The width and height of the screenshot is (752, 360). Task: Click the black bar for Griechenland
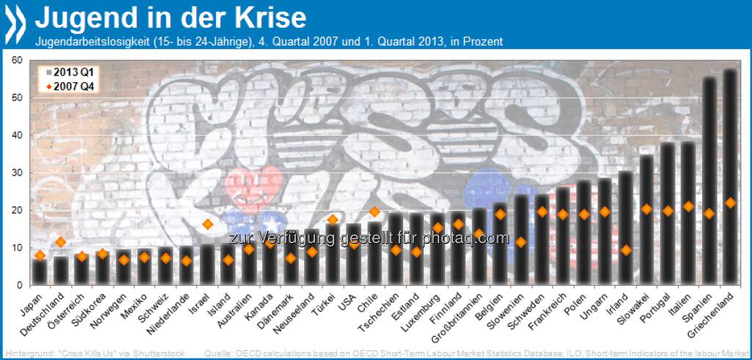point(729,176)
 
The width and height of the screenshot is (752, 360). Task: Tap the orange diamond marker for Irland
point(626,250)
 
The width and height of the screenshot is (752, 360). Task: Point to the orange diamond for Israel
point(207,224)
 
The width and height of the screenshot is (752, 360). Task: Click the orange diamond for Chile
point(374,212)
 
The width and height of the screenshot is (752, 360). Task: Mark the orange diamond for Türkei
point(332,219)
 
